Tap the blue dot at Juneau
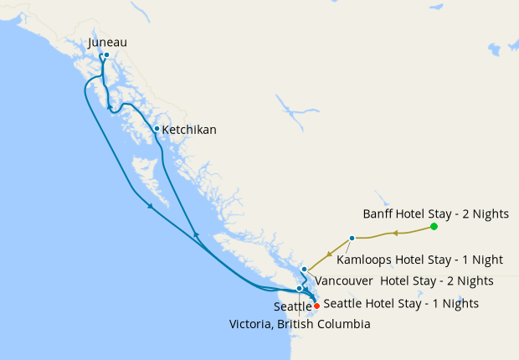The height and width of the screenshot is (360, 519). click(106, 55)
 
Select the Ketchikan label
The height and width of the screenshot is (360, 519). click(189, 130)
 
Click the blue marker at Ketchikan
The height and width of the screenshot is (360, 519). click(157, 128)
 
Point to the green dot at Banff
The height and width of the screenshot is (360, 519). click(434, 227)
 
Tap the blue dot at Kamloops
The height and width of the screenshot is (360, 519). click(352, 239)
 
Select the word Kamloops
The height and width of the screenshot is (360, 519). click(361, 260)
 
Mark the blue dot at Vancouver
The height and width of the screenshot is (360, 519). click(304, 270)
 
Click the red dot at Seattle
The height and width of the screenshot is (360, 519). click(316, 306)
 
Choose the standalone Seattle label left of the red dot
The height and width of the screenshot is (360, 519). click(292, 307)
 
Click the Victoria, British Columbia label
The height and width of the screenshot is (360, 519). click(299, 323)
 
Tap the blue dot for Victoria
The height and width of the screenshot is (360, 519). click(299, 288)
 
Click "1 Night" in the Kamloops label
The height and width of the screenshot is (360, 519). click(480, 260)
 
